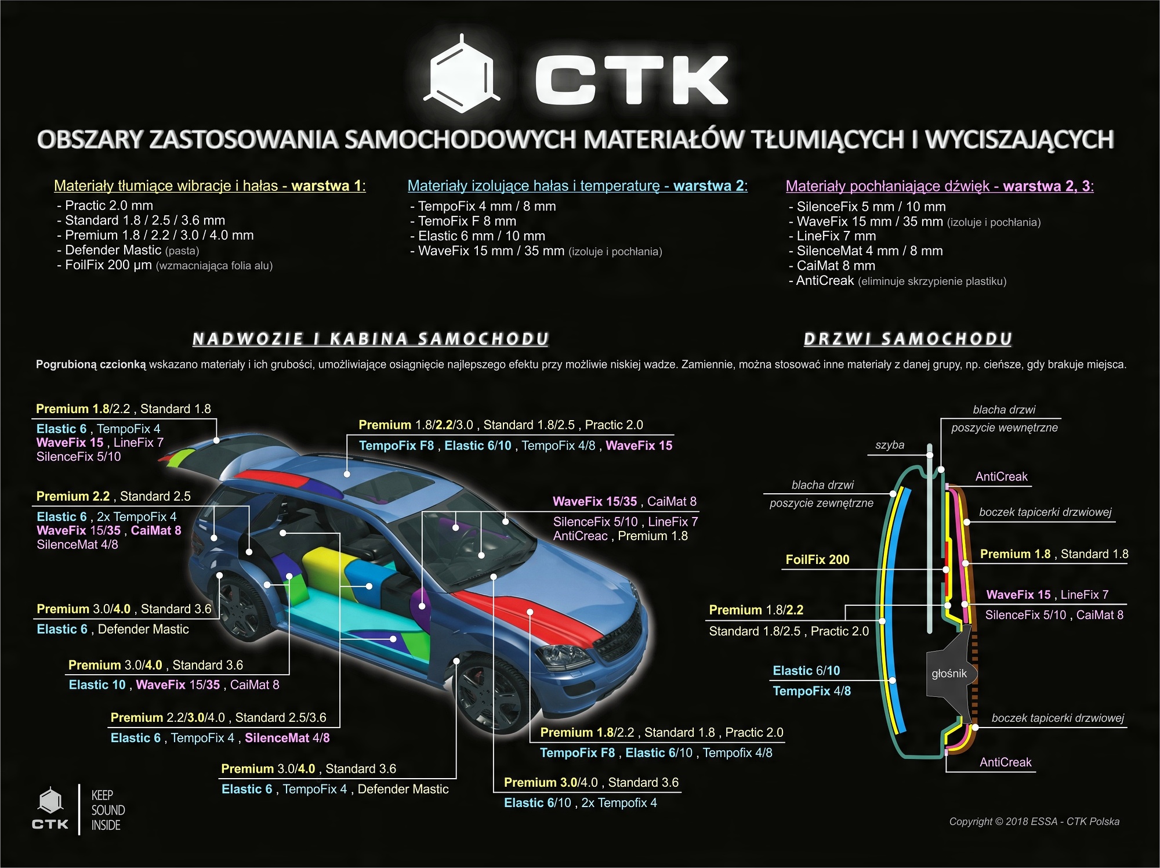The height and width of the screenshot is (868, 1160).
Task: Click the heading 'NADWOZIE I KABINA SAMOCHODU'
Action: point(370,339)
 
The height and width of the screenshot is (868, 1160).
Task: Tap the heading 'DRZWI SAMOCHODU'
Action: point(908,339)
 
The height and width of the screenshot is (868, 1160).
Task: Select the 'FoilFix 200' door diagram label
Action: point(817,560)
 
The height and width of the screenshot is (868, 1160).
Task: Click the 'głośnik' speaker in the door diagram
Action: point(949,673)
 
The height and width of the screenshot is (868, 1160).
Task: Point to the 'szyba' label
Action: point(890,445)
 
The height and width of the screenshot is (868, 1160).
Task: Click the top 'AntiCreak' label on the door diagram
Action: point(1001,477)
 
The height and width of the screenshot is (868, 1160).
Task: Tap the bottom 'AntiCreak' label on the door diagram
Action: point(1005,762)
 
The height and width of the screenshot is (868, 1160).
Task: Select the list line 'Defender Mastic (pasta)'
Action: point(128,251)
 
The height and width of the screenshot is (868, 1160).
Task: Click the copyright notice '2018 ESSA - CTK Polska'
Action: point(1034,822)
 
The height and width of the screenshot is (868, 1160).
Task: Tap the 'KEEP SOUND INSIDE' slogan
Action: point(108,810)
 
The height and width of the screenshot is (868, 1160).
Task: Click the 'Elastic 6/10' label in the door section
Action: point(806,671)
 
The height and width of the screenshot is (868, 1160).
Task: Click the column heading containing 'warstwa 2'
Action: point(577,186)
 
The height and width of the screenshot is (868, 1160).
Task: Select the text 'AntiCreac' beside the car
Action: point(580,536)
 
